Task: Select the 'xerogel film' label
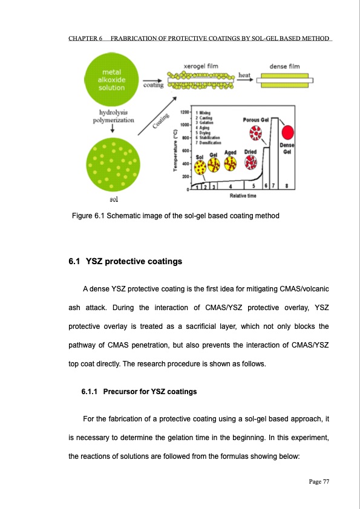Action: click(200, 65)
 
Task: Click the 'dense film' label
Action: click(284, 65)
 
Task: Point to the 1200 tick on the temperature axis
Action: click(184, 112)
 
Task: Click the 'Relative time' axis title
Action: click(245, 196)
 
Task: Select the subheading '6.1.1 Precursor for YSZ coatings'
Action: click(139, 392)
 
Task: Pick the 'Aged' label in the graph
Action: click(230, 152)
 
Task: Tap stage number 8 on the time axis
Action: click(286, 185)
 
